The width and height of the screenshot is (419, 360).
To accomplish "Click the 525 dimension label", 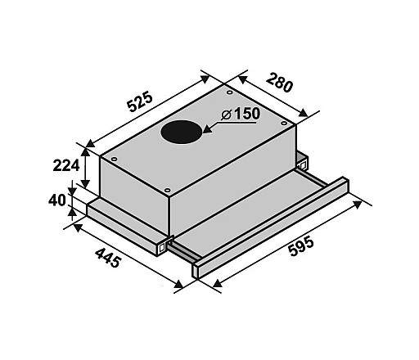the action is (x=140, y=102).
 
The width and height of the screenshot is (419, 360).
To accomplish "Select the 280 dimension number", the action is (x=279, y=83).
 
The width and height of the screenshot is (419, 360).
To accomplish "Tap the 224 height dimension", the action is (x=66, y=165).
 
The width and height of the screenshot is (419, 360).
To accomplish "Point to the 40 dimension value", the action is (x=57, y=200).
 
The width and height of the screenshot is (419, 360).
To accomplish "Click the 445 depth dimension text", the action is (x=108, y=258).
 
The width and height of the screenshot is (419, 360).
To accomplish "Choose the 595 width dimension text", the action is (x=301, y=247).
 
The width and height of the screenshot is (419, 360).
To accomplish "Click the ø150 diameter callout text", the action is (x=241, y=114).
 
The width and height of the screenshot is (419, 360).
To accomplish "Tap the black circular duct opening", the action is (x=182, y=132).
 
